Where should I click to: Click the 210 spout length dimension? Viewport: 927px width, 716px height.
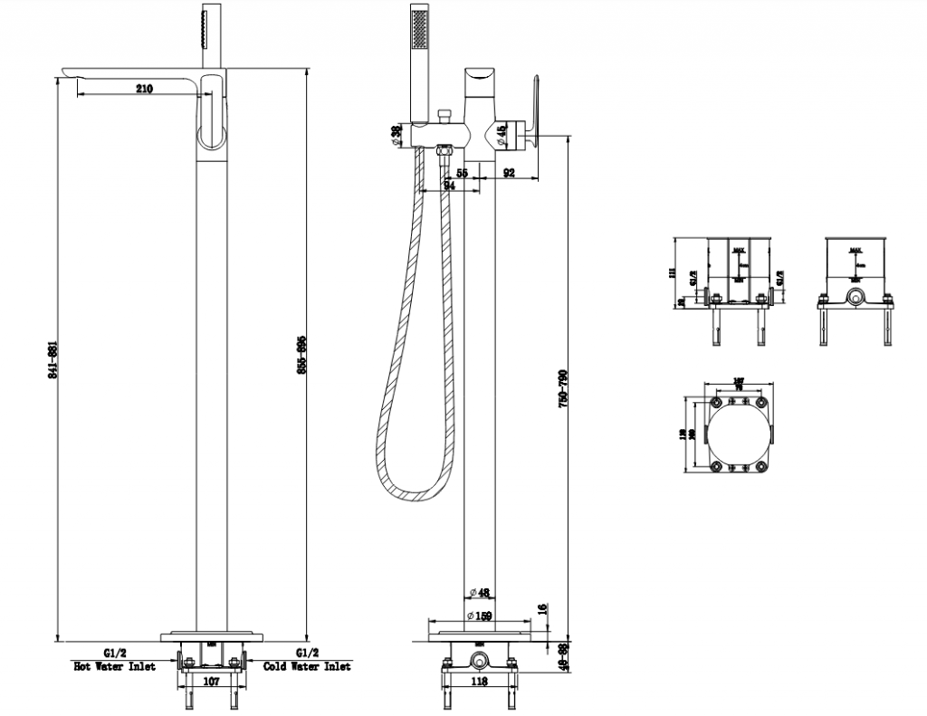(x=144, y=89)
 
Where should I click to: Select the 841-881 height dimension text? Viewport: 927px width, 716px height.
(x=55, y=361)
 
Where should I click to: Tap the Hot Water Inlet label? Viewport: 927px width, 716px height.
(x=114, y=666)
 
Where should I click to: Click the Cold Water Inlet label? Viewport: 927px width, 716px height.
(x=307, y=666)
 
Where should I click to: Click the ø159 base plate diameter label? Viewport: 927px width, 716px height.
(x=480, y=616)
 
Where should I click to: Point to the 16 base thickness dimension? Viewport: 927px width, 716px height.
(x=541, y=609)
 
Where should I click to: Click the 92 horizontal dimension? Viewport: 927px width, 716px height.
(x=509, y=172)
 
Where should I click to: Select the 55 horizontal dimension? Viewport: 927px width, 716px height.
(x=462, y=172)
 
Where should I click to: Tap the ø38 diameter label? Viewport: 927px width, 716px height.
(x=396, y=133)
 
